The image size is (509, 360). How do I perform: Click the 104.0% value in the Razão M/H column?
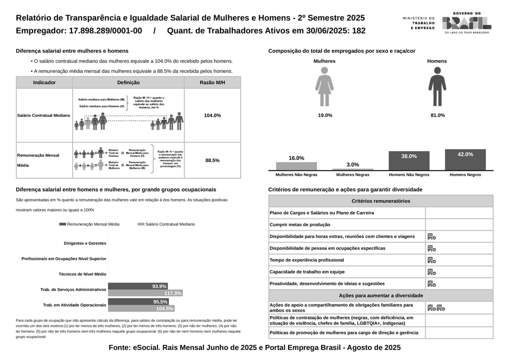pyautogui.click(x=212, y=115)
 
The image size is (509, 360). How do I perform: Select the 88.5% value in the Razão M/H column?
pyautogui.click(x=212, y=160)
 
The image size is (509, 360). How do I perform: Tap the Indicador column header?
pyautogui.click(x=44, y=83)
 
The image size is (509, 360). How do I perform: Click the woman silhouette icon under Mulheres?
pyautogui.click(x=325, y=87)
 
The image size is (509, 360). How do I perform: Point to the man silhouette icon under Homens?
pyautogui.click(x=437, y=87)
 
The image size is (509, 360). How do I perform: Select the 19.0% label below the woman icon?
pyautogui.click(x=325, y=115)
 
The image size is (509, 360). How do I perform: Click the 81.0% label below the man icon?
pyautogui.click(x=438, y=115)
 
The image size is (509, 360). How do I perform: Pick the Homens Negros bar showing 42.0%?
pyautogui.click(x=465, y=160)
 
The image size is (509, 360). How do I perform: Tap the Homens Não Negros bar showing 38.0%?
pyautogui.click(x=409, y=161)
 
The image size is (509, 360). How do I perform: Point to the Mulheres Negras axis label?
pyautogui.click(x=353, y=175)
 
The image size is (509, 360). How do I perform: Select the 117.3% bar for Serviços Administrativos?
pyautogui.click(x=145, y=293)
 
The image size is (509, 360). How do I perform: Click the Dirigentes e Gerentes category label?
pyautogui.click(x=85, y=244)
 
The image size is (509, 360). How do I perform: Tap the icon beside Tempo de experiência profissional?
pyautogui.click(x=431, y=260)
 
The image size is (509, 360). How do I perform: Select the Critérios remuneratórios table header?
pyautogui.click(x=381, y=201)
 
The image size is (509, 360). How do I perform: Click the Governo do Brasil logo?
pyautogui.click(x=466, y=22)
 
